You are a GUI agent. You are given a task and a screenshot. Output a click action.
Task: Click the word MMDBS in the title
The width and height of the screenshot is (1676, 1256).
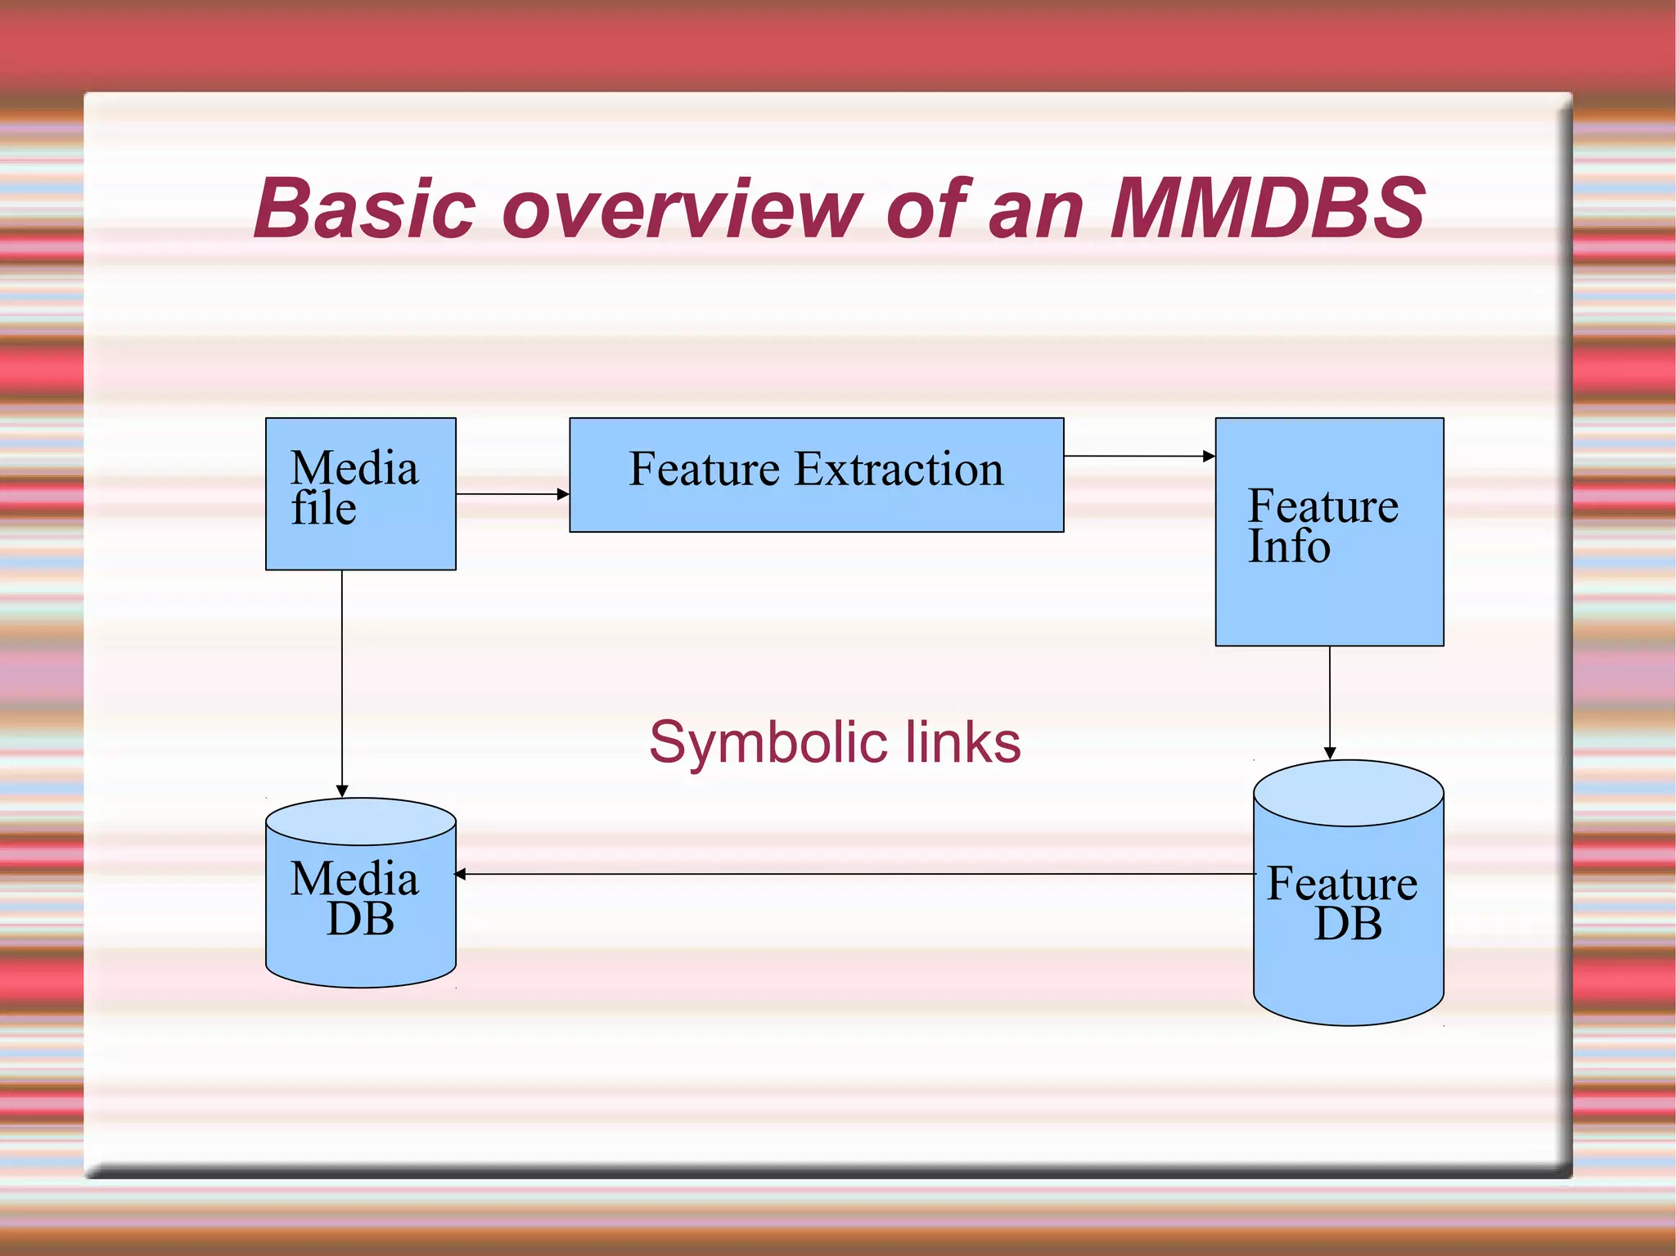tap(1267, 209)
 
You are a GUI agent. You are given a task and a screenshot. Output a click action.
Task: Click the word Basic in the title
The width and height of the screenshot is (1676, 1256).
tap(365, 209)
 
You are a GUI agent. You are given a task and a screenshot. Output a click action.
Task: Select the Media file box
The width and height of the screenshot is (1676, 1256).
tap(361, 493)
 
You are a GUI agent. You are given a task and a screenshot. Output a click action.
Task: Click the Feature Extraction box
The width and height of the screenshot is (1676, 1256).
tap(816, 475)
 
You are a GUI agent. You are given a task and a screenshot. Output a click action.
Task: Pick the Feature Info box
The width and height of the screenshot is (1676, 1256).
tap(1329, 532)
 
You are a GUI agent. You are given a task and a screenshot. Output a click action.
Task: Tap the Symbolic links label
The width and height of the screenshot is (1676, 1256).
tap(835, 742)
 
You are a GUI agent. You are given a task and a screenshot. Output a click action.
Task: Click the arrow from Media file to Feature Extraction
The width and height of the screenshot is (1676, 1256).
tap(511, 494)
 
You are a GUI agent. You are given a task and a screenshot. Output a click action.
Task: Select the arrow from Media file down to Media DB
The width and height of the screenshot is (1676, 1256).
tap(342, 683)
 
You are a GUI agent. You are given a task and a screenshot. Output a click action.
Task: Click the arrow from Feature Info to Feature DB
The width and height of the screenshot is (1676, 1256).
tap(1330, 702)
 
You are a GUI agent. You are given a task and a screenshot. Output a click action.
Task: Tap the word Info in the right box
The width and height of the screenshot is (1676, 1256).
tap(1289, 547)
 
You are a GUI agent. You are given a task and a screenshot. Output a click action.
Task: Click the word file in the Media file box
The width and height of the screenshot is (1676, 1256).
tap(324, 508)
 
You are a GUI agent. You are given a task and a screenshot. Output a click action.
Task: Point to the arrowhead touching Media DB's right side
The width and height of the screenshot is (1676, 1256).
tap(461, 874)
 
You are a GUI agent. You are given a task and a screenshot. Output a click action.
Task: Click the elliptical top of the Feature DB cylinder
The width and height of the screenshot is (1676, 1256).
tap(1348, 792)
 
